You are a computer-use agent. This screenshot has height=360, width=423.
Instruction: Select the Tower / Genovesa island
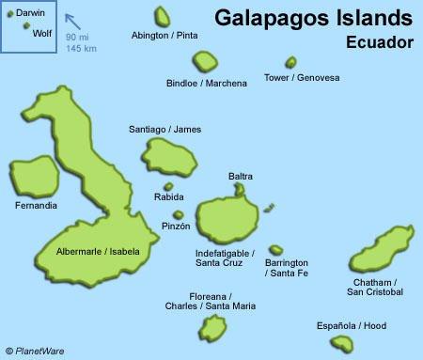tap(291, 63)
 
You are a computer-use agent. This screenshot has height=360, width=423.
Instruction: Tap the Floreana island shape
tap(215, 325)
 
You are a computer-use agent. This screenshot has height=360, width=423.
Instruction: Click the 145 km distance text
tap(81, 47)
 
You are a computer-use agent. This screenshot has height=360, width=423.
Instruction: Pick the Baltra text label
tap(241, 176)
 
